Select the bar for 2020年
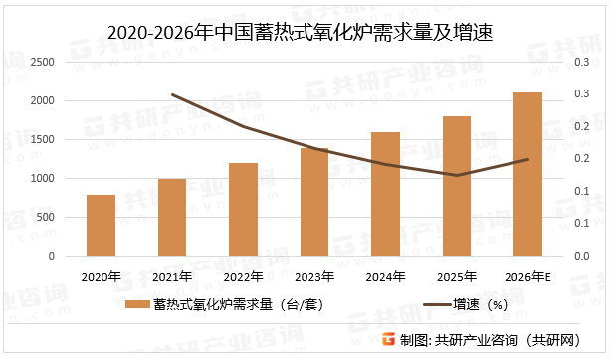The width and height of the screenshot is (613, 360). [101, 226]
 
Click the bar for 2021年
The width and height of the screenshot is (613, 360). [172, 218]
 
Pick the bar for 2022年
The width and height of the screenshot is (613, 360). [243, 210]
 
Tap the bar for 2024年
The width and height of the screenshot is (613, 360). [385, 194]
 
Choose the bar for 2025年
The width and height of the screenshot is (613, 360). [457, 186]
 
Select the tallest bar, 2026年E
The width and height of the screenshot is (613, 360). [527, 174]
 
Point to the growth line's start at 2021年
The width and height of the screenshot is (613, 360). [172, 95]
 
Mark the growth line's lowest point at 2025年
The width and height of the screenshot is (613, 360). [457, 176]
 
